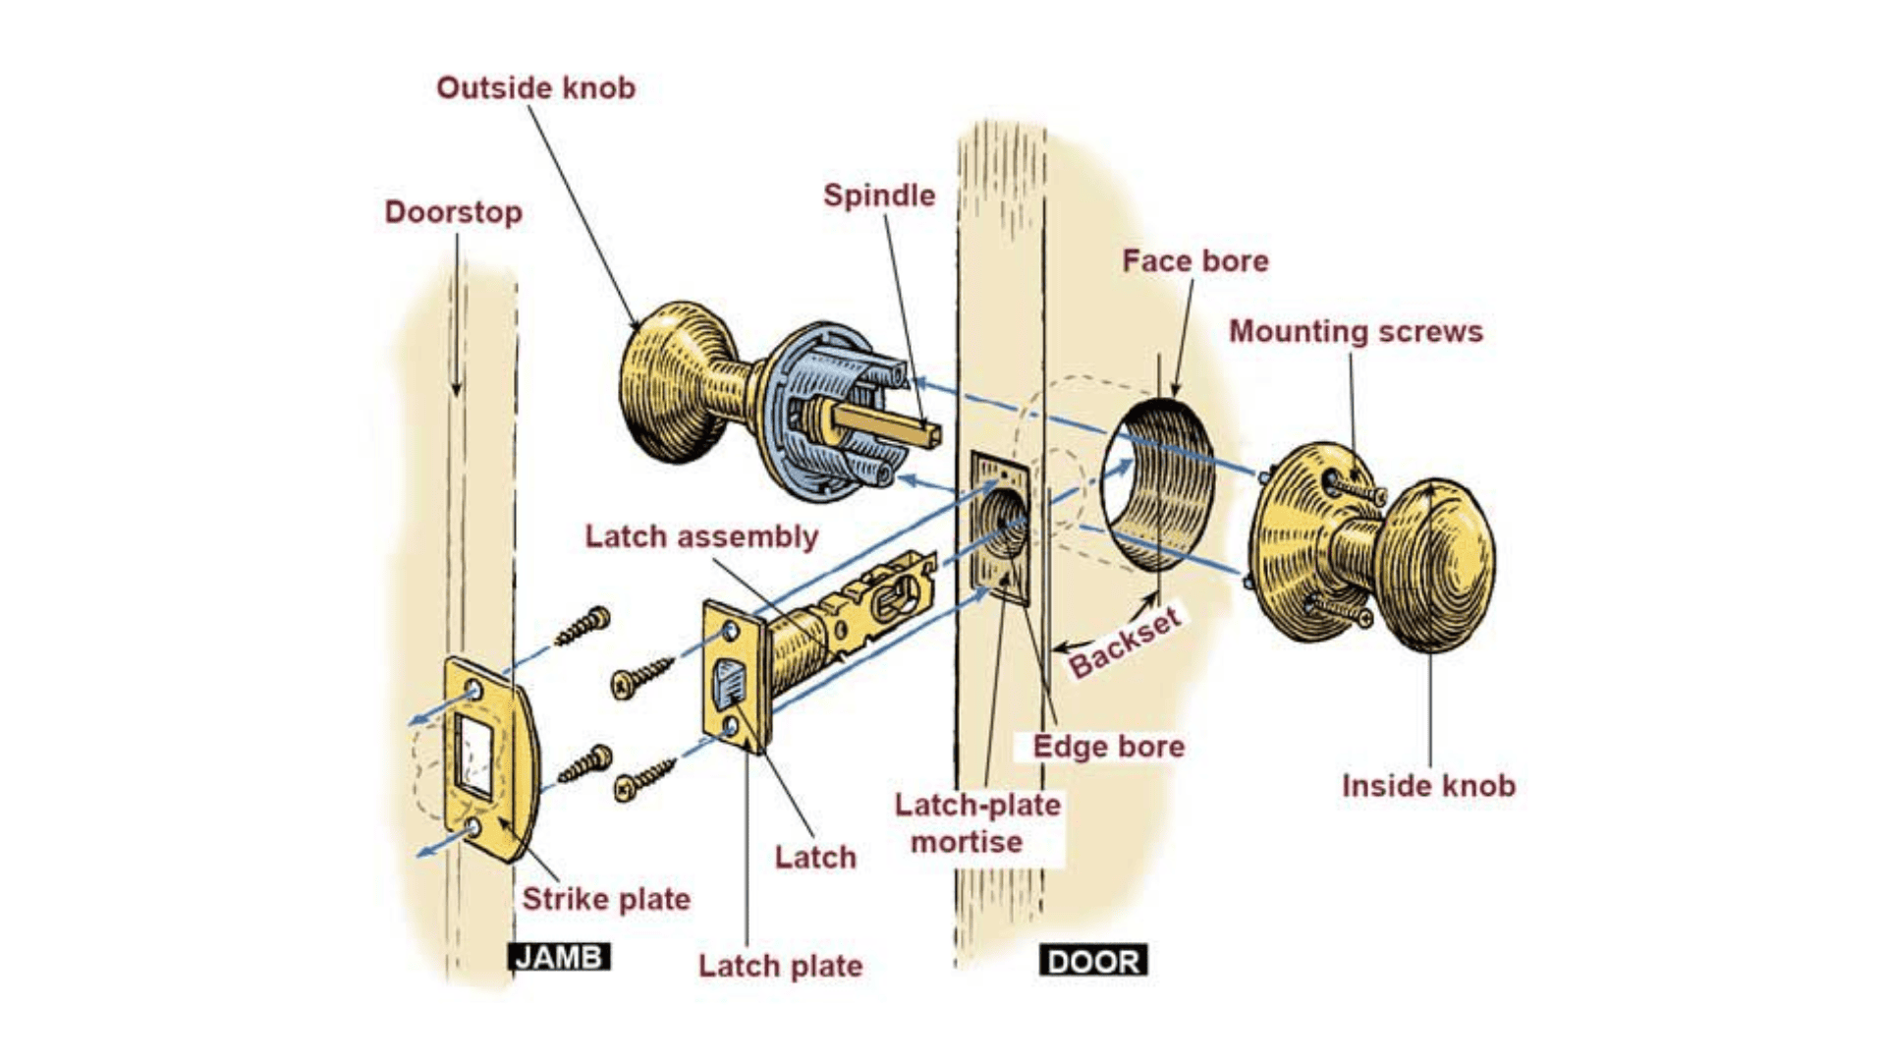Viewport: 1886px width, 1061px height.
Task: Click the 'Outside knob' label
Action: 535,88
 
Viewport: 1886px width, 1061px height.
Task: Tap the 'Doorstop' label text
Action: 453,212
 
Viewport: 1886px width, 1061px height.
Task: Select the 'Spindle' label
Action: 878,195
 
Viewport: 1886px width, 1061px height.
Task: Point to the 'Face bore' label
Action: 1194,261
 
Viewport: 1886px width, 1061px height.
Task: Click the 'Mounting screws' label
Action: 1355,332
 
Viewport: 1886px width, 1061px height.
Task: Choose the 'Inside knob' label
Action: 1427,786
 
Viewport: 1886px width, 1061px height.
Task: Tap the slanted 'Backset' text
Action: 1124,643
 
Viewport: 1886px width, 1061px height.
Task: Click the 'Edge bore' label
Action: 1107,747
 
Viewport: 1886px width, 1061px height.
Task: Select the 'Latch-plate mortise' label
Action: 976,823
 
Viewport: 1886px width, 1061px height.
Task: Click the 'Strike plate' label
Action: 605,899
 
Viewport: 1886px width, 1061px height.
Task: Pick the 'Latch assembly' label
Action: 700,536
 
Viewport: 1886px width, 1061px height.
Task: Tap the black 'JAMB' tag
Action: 559,957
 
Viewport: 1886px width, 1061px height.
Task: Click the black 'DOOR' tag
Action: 1092,961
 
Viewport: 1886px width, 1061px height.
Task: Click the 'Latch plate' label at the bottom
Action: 779,966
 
